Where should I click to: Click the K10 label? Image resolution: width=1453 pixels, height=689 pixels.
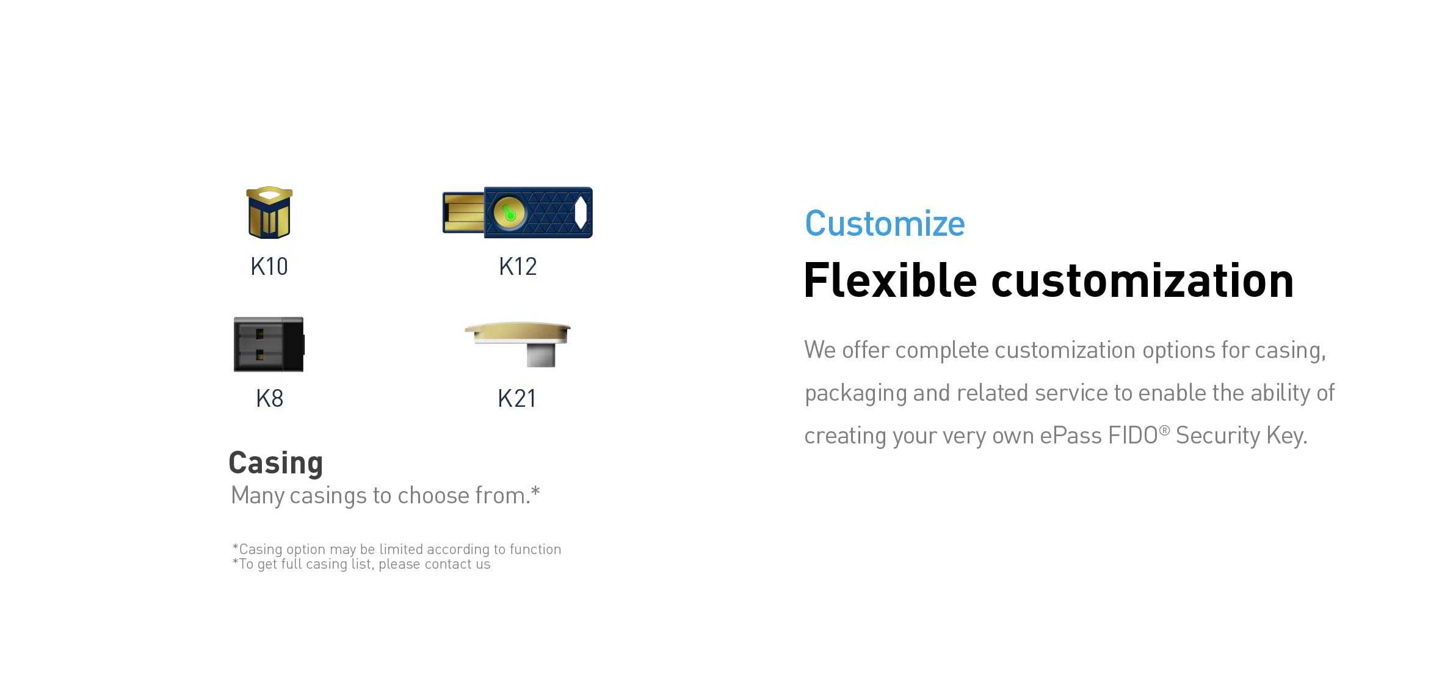[269, 266]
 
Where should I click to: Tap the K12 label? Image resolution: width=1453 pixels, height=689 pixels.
[518, 266]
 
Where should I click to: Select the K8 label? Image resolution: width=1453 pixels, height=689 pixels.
[269, 398]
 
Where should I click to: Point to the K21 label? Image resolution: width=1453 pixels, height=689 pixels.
[516, 398]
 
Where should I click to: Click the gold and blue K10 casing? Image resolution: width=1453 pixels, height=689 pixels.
[269, 213]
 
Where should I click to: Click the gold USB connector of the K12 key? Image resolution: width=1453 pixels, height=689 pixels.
[463, 213]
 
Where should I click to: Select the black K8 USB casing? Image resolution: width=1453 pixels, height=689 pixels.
[269, 344]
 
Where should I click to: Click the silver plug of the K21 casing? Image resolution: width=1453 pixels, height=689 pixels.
[541, 355]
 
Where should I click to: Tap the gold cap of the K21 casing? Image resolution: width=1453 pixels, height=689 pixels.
[517, 332]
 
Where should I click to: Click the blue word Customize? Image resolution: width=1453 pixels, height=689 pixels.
[885, 224]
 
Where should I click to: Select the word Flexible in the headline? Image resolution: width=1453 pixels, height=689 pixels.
[890, 280]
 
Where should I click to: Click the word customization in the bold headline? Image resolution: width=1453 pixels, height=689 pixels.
[1142, 280]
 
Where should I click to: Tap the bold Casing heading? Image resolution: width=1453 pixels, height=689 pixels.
[275, 462]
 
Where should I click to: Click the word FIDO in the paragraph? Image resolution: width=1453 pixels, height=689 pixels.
[1132, 436]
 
